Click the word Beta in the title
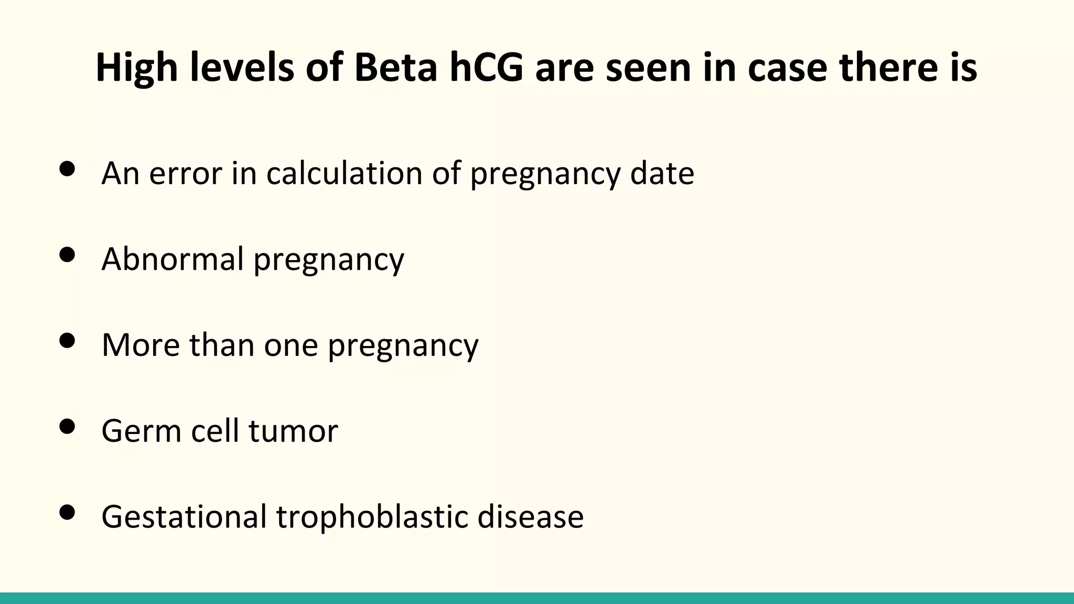395,68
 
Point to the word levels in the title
242,68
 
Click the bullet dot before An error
67,169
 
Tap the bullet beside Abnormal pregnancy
67,255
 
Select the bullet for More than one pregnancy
67,341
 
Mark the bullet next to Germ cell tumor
67,426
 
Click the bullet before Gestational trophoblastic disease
67,512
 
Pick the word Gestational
184,516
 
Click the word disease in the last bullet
530,516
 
